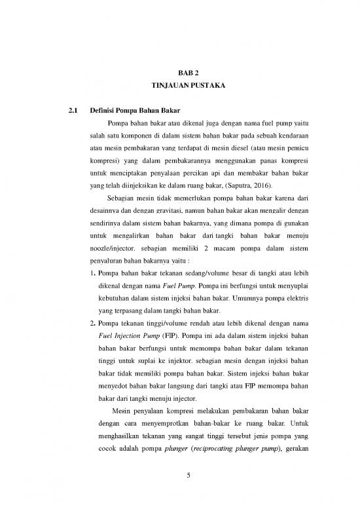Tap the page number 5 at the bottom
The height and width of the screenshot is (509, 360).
pos(188,483)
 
